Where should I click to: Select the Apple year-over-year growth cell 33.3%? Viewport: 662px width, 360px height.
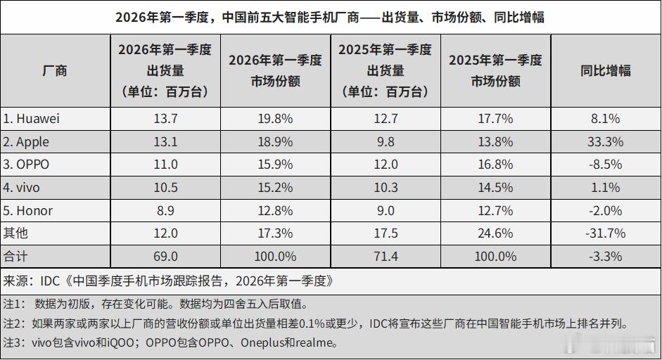pos(605,142)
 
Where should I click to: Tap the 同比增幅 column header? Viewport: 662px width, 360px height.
pos(605,70)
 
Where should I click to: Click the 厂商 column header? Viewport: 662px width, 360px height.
pos(55,70)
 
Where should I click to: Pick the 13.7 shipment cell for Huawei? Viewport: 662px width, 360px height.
pos(165,119)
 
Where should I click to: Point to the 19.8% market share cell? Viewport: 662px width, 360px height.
pos(275,119)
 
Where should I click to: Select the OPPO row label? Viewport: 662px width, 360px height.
pos(28,165)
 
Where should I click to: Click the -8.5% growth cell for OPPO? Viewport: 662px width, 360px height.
pos(605,165)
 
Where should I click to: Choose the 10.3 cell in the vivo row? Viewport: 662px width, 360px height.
pos(385,188)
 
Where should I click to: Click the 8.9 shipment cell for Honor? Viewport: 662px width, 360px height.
pos(165,210)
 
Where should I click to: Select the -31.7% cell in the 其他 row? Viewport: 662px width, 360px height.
pos(605,233)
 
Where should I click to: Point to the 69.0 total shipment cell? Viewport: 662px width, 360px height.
pos(165,256)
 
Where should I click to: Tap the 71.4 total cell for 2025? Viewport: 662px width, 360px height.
pos(385,256)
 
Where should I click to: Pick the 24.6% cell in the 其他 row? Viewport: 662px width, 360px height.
pos(495,233)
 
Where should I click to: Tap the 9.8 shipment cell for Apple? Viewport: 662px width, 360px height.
pos(385,142)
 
